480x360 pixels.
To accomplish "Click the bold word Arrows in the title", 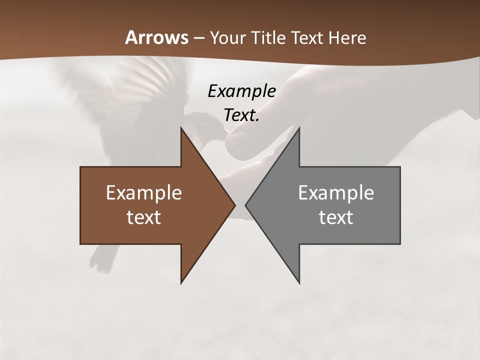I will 156,37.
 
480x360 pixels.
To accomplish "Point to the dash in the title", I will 198,38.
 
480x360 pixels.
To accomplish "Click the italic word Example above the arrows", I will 241,91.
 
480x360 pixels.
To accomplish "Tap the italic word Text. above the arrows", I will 241,115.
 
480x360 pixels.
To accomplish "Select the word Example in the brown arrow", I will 144,193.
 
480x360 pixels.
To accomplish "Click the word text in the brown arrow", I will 144,217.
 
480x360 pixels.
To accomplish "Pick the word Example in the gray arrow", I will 336,193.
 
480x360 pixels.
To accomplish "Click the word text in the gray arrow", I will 336,217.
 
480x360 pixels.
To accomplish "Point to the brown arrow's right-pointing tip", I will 234,205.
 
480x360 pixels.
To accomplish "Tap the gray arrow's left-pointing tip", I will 246,205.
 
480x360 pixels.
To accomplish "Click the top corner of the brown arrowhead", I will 181,129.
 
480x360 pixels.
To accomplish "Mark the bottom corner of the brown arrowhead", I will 181,282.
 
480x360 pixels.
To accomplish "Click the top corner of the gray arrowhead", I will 299,129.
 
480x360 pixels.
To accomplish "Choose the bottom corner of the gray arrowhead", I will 299,282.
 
